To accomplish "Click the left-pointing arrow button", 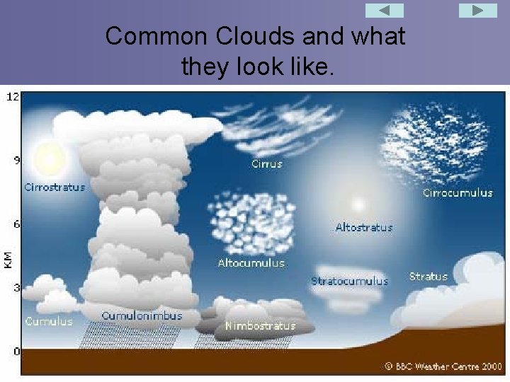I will pyautogui.click(x=384, y=11).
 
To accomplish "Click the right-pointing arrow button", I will pyautogui.click(x=478, y=11).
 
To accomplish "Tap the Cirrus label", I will pyautogui.click(x=267, y=163).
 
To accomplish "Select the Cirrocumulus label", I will pyautogui.click(x=458, y=192).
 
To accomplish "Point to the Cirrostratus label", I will pyautogui.click(x=55, y=187).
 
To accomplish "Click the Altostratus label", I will pyautogui.click(x=363, y=228).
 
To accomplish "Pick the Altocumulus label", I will pyautogui.click(x=251, y=263).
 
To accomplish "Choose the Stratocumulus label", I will pyautogui.click(x=349, y=281).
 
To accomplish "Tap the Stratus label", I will pyautogui.click(x=429, y=277).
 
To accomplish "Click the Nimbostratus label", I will pyautogui.click(x=260, y=325).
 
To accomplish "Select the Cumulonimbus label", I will pyautogui.click(x=142, y=316).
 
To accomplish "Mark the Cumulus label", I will pyautogui.click(x=49, y=321).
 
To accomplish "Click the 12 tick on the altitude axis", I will pyautogui.click(x=13, y=96).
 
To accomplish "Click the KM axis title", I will pyautogui.click(x=8, y=259).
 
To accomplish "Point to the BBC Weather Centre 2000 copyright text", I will pyautogui.click(x=443, y=366).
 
